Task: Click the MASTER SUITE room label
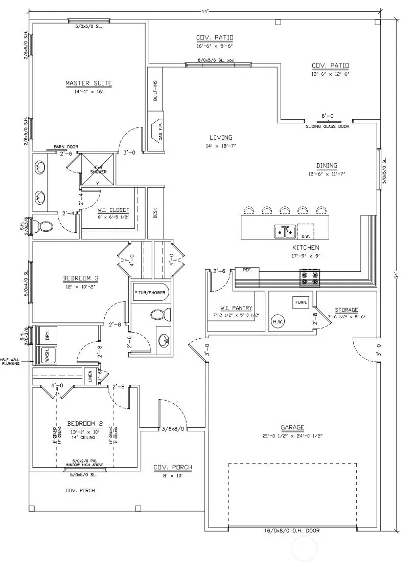(x=88, y=83)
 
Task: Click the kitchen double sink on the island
(x=285, y=232)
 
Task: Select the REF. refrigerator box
(x=247, y=270)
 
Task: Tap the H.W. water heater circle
(x=278, y=322)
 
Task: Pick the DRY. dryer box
(x=47, y=336)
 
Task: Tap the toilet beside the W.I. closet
(x=44, y=227)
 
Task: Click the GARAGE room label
(x=292, y=427)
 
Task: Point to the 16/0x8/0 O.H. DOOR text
(x=293, y=531)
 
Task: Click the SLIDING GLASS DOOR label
(x=328, y=126)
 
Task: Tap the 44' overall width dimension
(x=204, y=11)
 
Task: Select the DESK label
(x=155, y=212)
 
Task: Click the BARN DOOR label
(x=65, y=147)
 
